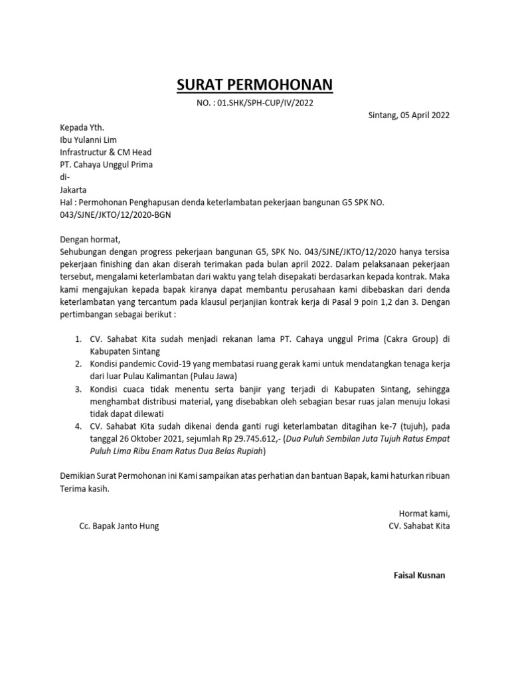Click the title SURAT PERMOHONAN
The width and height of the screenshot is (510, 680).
point(254,85)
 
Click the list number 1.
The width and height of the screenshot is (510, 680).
point(77,339)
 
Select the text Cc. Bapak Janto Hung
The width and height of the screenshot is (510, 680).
point(119,525)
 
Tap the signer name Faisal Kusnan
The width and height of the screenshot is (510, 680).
point(419,575)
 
